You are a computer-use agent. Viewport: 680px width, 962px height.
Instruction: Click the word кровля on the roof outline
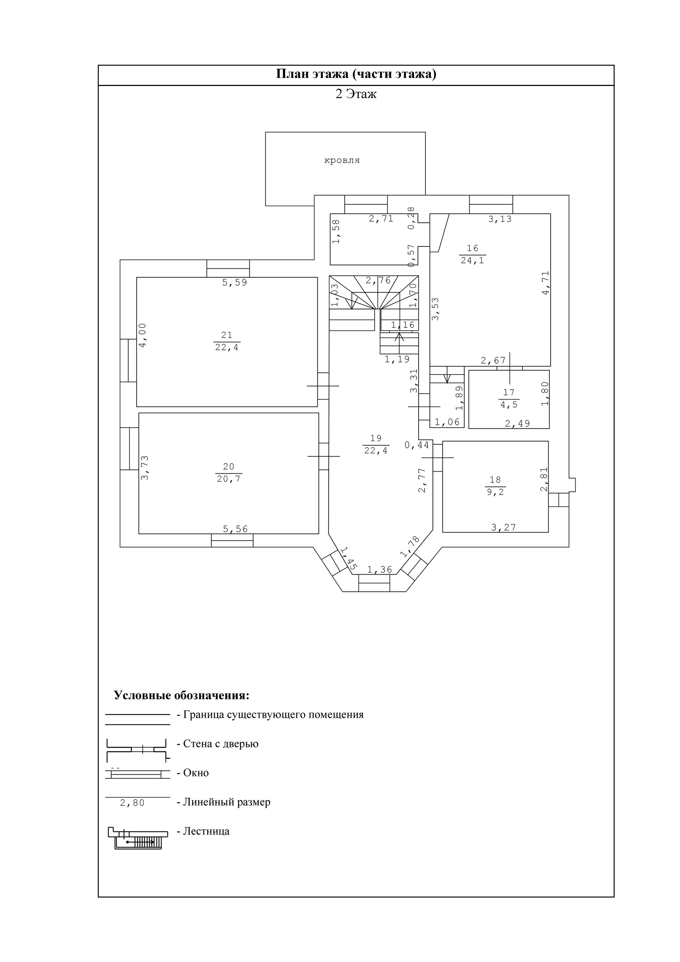342,160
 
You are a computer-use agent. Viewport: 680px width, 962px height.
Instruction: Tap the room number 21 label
227,335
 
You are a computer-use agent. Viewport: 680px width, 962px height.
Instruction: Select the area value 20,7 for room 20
228,478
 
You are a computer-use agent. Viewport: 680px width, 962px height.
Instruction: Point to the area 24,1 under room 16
472,260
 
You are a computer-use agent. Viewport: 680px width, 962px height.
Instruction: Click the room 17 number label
509,393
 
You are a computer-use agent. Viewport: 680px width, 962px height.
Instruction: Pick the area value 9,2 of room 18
495,492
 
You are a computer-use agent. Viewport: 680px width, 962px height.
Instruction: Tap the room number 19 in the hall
376,438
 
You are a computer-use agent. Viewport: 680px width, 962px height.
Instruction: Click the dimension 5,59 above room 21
235,283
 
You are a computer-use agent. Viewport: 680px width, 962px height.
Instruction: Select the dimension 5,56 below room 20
235,529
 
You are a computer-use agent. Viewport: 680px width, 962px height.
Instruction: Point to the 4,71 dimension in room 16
545,283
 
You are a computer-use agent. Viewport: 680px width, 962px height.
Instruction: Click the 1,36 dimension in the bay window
379,569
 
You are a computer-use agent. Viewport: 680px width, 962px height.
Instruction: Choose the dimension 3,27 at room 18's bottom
504,528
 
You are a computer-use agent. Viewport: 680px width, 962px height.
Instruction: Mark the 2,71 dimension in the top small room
381,218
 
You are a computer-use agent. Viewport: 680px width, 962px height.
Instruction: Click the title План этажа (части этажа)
356,74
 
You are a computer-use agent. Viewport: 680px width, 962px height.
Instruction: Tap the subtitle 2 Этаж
356,94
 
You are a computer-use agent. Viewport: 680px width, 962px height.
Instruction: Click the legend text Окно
196,773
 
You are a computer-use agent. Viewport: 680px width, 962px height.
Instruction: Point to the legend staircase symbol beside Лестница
137,838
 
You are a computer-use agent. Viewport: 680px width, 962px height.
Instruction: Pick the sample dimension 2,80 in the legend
132,803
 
